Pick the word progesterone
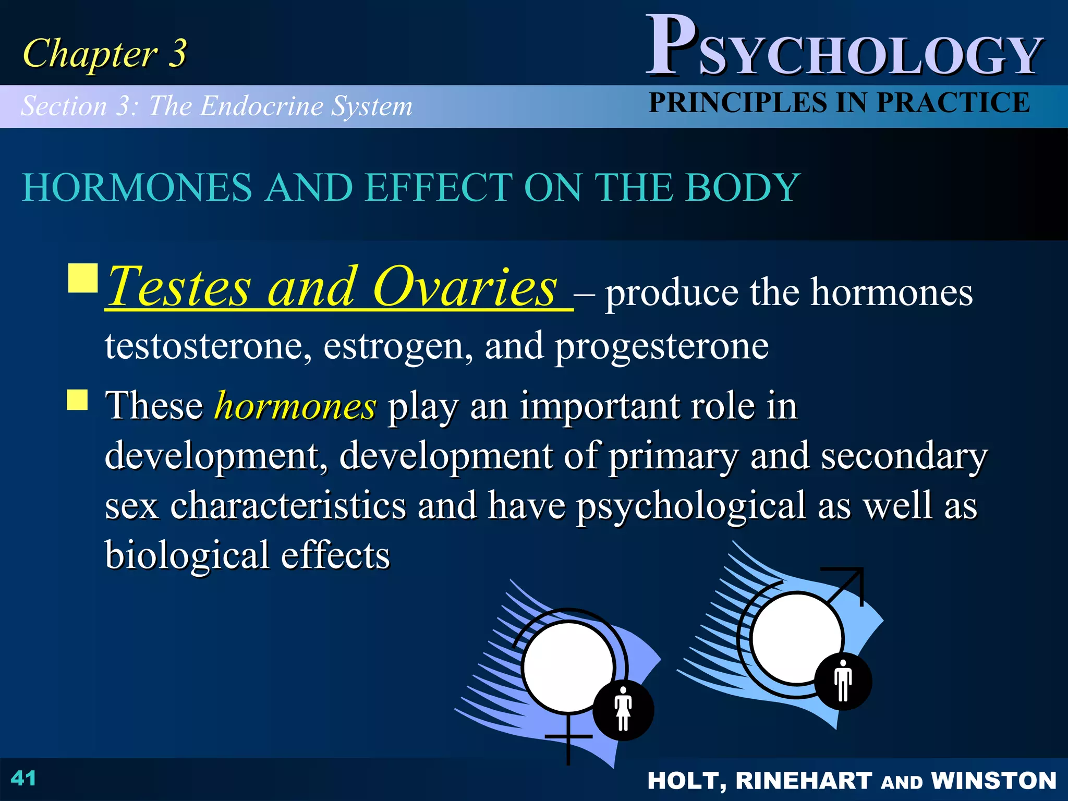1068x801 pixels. tap(661, 347)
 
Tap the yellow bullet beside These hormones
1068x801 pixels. tap(78, 400)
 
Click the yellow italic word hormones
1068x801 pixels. tap(295, 406)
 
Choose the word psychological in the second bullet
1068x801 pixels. tap(691, 506)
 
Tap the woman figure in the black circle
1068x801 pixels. tap(623, 709)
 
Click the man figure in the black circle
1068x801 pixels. tap(843, 681)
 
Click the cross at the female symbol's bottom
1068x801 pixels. tap(568, 737)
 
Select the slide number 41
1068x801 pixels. tap(23, 779)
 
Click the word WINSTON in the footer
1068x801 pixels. tap(993, 781)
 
